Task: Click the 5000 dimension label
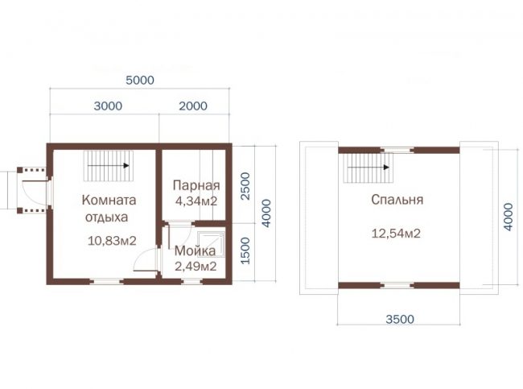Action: point(140,81)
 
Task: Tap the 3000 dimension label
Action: point(108,106)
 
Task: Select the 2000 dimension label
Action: point(193,106)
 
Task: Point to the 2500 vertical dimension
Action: point(245,186)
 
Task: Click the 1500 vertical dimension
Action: point(245,250)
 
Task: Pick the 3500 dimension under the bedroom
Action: point(400,319)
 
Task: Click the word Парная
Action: point(196,185)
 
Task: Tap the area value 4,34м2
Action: point(196,201)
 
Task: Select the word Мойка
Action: point(196,250)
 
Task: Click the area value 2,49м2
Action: point(196,266)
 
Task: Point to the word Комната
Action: point(109,200)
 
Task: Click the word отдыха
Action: point(107,217)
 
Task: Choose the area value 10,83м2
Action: point(112,241)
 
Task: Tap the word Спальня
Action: point(397,200)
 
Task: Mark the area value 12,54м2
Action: point(396,233)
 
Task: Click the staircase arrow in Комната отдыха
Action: point(109,165)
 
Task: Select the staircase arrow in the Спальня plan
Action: point(369,167)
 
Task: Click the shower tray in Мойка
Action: point(211,244)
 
